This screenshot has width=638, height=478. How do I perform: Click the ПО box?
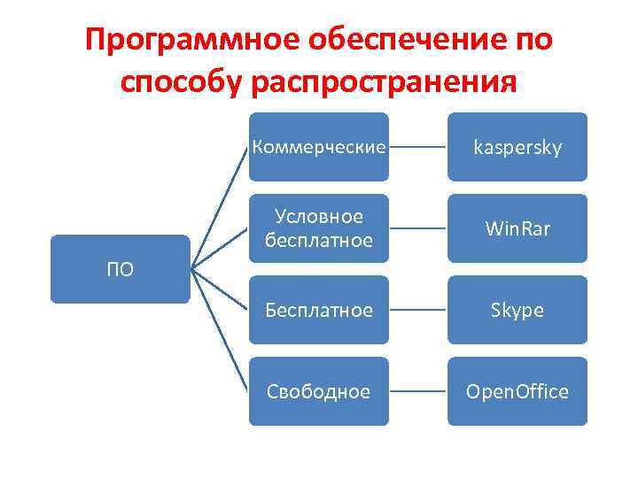[x=120, y=269]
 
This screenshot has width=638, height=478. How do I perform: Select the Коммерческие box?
[x=318, y=147]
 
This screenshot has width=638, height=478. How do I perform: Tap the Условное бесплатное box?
[x=318, y=228]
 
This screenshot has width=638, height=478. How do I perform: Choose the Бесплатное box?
[x=318, y=310]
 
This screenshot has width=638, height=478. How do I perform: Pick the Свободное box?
[x=318, y=391]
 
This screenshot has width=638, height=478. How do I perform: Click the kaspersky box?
[x=517, y=147]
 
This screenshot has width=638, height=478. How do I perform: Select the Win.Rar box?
[x=517, y=228]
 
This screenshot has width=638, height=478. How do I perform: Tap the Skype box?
[x=517, y=310]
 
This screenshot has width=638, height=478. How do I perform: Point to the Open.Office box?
[x=517, y=391]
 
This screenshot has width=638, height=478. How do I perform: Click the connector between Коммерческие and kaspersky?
[x=418, y=147]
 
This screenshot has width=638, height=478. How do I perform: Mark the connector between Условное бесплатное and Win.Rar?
[x=418, y=228]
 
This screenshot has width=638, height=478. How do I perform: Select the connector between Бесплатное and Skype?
[x=418, y=310]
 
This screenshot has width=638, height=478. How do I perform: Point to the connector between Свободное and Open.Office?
[x=418, y=391]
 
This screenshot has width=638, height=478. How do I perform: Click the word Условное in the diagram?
[x=319, y=217]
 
